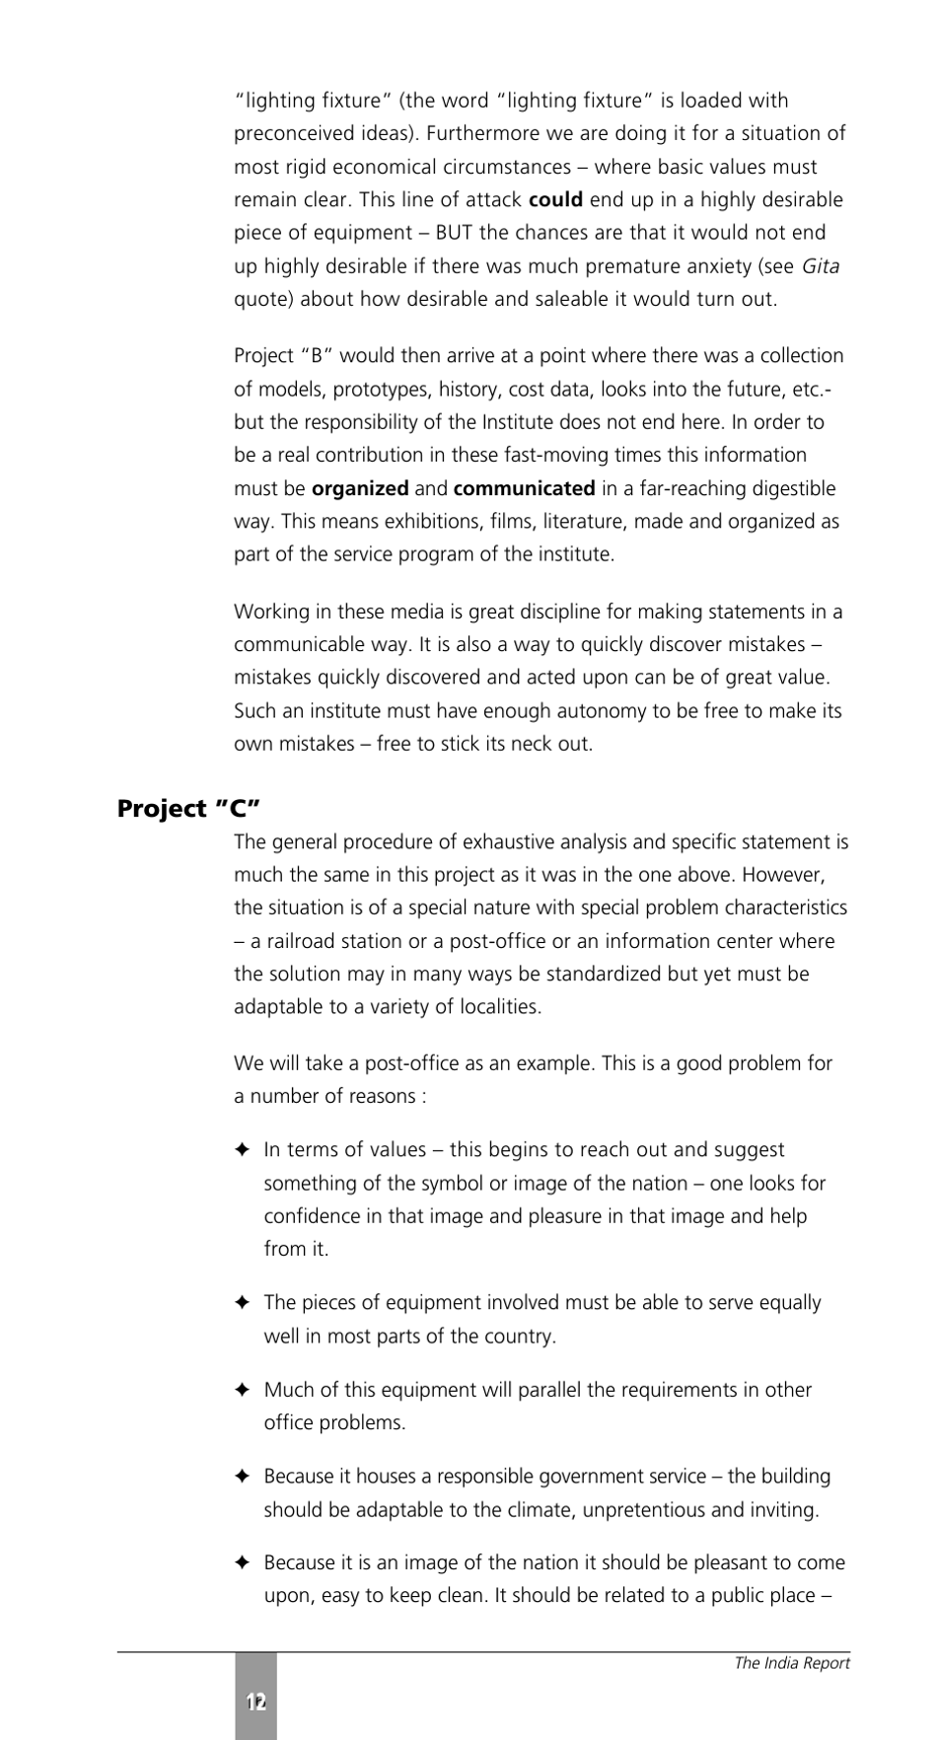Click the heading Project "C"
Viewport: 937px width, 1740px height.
pos(188,809)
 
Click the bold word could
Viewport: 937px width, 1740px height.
pos(555,200)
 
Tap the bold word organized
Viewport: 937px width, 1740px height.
pos(360,488)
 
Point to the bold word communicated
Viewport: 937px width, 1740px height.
pos(524,488)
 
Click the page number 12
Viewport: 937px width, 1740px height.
pos(255,1702)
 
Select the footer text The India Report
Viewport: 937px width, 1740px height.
pos(791,1663)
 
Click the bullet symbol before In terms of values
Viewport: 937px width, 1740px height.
pos(244,1150)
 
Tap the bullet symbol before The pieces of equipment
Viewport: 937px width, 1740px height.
pos(244,1303)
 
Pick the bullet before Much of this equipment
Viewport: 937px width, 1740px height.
pos(244,1390)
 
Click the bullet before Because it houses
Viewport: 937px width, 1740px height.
pos(244,1477)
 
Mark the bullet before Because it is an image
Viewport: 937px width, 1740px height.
pos(244,1563)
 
